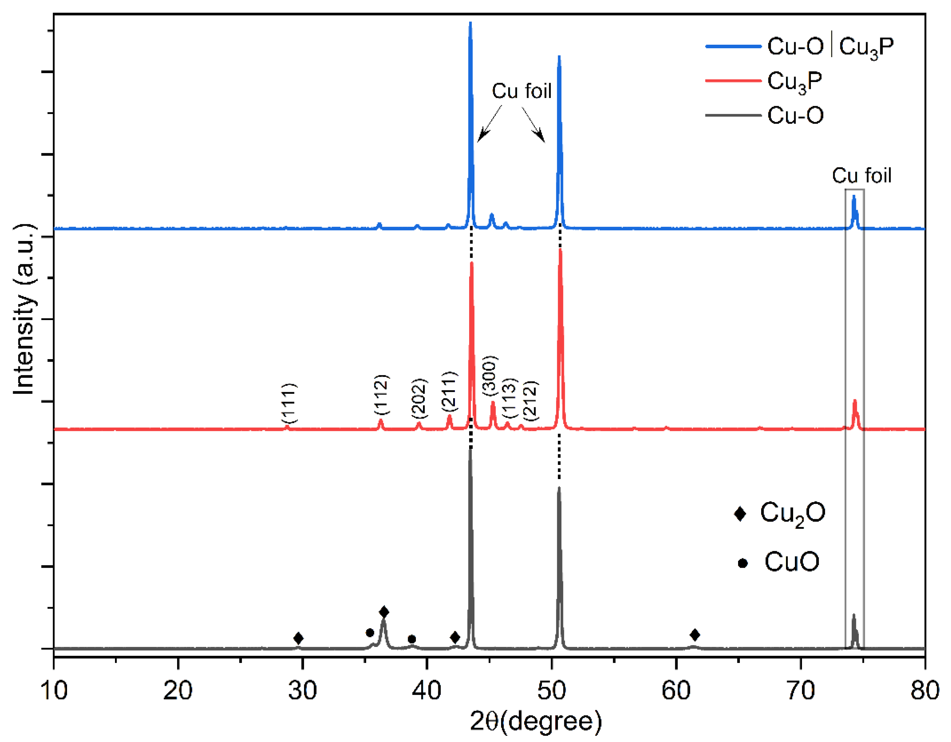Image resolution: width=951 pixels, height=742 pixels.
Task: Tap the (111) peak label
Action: (x=289, y=403)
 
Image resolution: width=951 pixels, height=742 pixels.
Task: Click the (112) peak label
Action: (x=381, y=395)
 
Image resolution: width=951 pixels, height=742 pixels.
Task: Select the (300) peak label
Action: (x=489, y=375)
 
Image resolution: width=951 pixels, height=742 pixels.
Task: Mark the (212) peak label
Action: (x=531, y=400)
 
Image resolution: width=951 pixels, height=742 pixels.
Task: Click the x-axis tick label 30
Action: (x=302, y=690)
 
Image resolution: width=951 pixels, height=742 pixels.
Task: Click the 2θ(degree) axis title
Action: (x=535, y=721)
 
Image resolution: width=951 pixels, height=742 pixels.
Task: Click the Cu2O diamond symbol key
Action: (x=740, y=514)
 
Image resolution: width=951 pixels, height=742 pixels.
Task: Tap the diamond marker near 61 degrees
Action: (x=695, y=634)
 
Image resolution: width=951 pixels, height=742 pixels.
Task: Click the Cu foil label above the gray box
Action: (x=861, y=176)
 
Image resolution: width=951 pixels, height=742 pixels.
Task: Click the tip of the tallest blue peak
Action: (x=470, y=23)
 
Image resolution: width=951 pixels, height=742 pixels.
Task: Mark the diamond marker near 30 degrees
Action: (x=298, y=638)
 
